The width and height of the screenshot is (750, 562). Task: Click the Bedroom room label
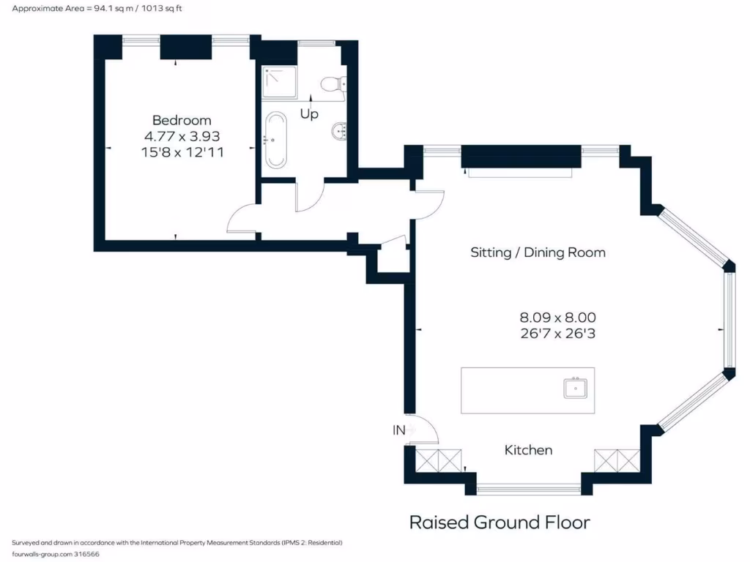[182, 120]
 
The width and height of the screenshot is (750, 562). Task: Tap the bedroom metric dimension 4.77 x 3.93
[182, 136]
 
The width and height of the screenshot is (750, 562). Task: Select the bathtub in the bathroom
[276, 140]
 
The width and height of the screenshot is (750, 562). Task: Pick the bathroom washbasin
[338, 132]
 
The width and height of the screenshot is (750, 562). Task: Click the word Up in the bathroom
[309, 115]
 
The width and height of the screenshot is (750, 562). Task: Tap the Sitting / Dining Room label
[538, 252]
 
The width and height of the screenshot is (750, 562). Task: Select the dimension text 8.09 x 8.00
[557, 318]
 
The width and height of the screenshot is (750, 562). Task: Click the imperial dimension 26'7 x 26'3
[557, 334]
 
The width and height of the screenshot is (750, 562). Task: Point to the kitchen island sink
[576, 388]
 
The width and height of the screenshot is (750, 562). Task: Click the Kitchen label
[528, 450]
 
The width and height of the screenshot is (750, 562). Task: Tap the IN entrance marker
[399, 431]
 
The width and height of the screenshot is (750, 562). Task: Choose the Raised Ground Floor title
[499, 522]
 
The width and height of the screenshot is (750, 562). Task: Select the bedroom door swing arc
[242, 220]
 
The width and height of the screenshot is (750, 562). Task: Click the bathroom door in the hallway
[308, 198]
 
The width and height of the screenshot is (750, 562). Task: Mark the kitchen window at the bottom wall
[528, 488]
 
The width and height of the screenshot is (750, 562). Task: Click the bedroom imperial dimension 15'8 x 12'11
[182, 152]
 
